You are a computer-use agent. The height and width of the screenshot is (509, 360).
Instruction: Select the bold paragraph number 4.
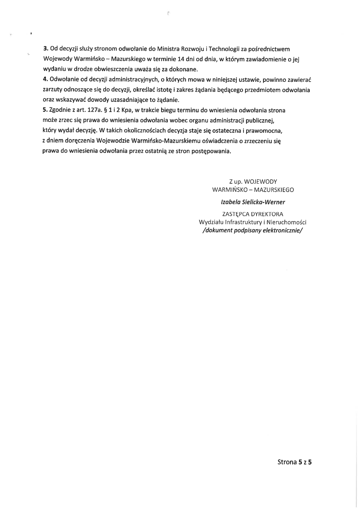click(x=45, y=80)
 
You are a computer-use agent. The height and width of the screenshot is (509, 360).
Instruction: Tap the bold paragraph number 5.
click(x=45, y=110)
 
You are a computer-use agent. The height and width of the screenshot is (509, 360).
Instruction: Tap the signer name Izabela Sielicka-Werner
click(x=253, y=202)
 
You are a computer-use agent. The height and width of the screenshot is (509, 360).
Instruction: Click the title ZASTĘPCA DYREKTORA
click(x=253, y=214)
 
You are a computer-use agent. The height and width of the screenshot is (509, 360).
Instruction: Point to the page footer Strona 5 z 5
click(x=294, y=462)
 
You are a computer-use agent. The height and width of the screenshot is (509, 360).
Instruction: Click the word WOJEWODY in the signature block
click(x=260, y=182)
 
